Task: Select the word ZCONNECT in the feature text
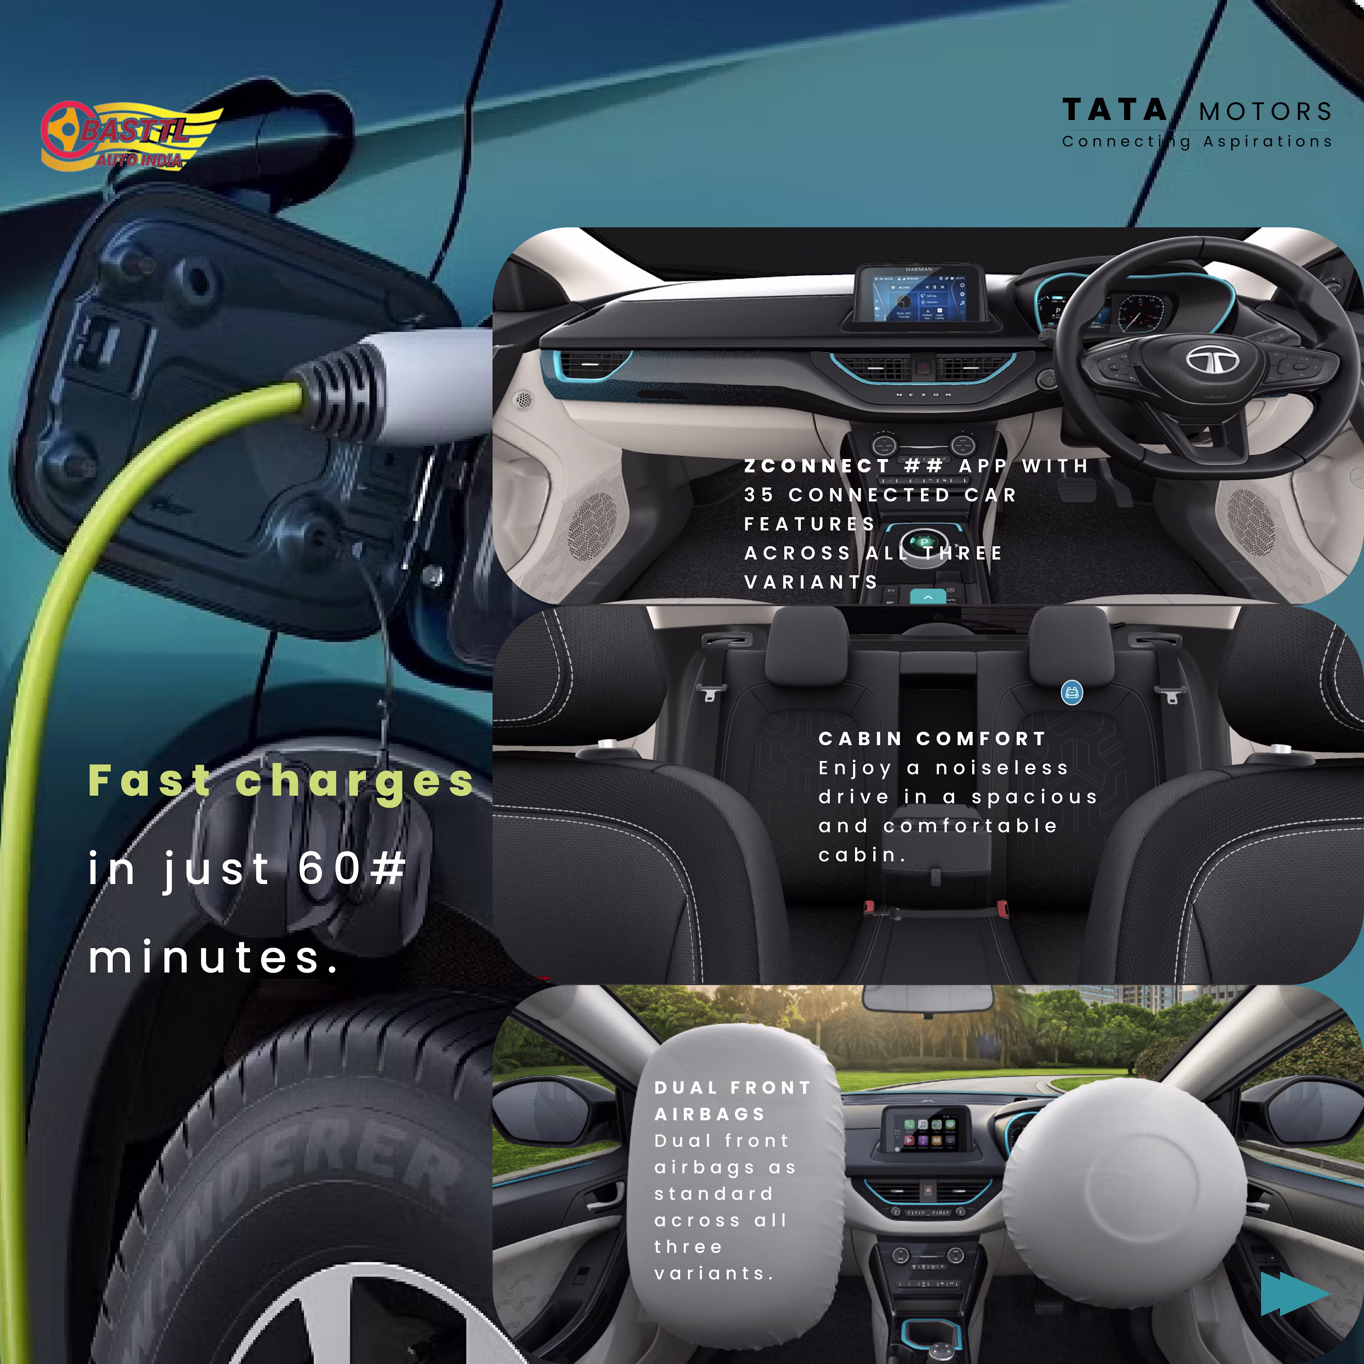[x=817, y=466]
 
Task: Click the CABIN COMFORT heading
[x=932, y=738]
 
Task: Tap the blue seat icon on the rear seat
[x=1072, y=693]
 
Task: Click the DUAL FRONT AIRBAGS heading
[x=733, y=1101]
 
